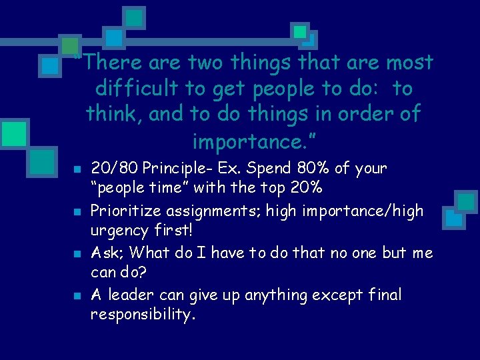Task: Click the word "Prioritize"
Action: [x=126, y=211]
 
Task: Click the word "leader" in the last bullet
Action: [x=134, y=295]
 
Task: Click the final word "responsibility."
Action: [x=143, y=315]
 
